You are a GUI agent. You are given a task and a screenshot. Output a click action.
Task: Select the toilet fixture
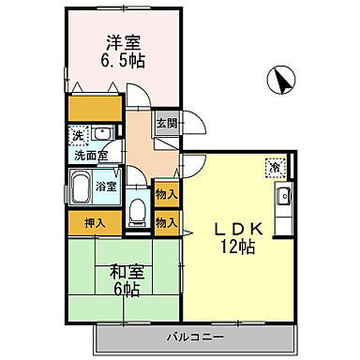pyautogui.click(x=138, y=213)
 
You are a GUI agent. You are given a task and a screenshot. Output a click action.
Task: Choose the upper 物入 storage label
pyautogui.click(x=166, y=194)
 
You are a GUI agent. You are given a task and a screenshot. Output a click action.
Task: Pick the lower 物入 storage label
pyautogui.click(x=166, y=223)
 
